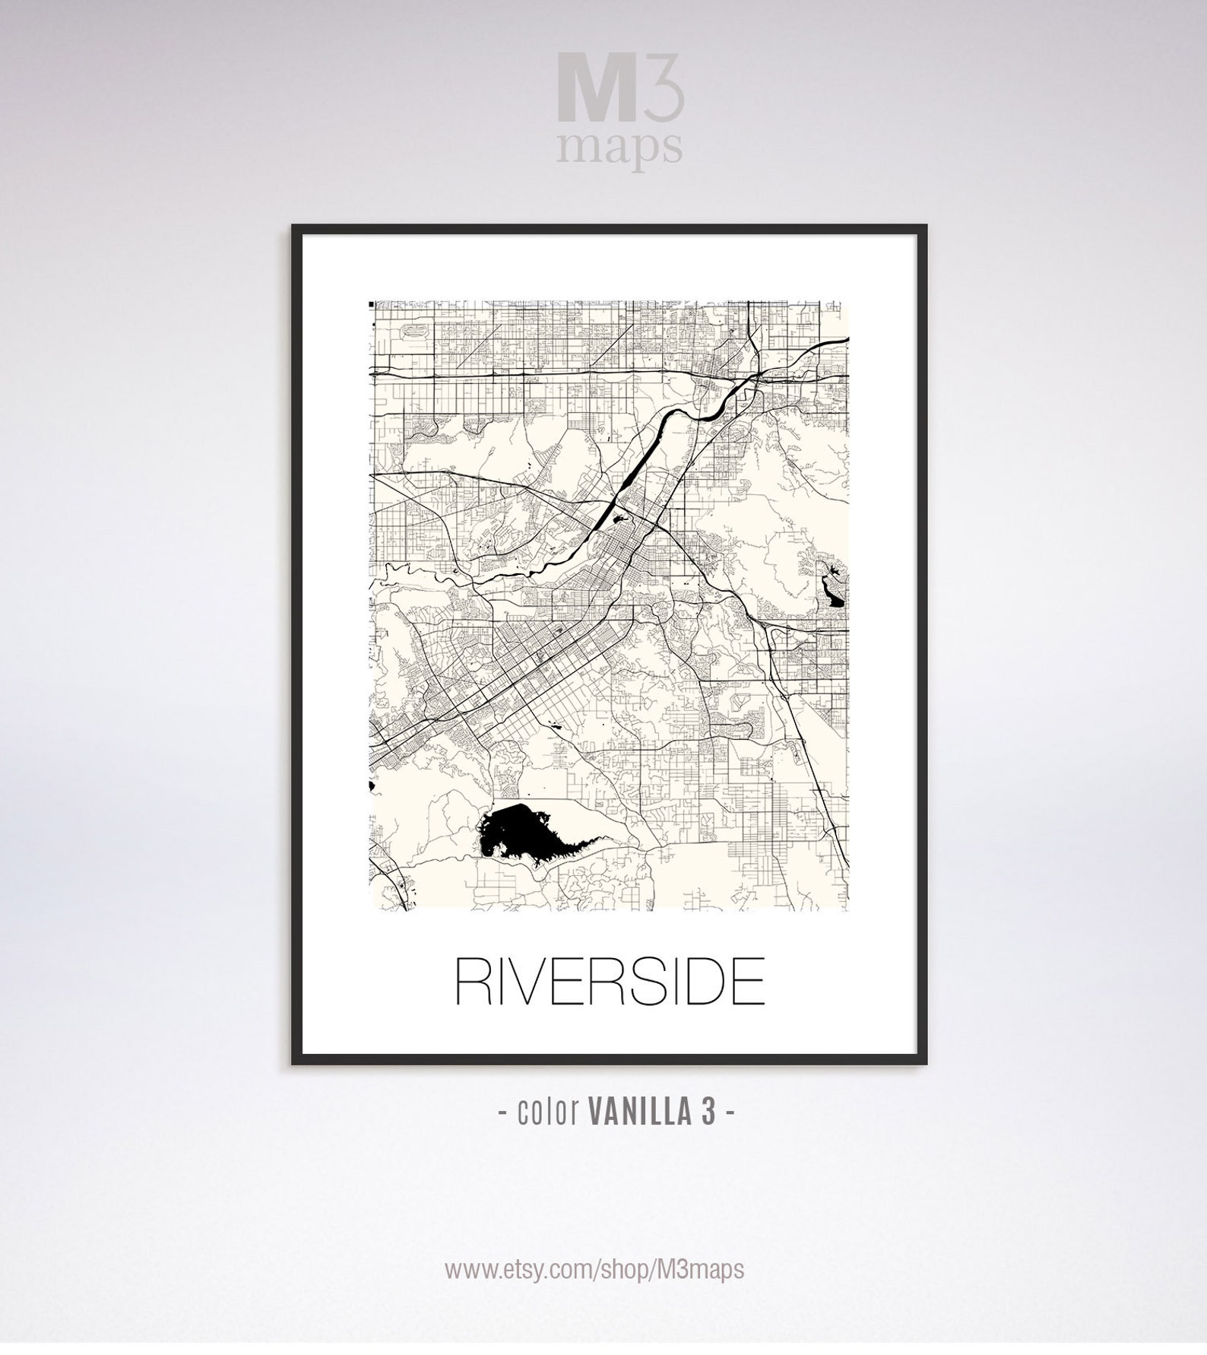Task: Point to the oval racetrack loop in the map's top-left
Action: (417, 332)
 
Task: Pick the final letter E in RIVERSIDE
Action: (746, 982)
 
